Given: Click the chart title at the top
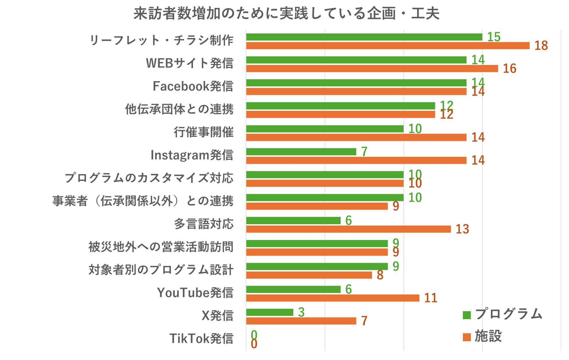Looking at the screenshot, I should tap(286, 14).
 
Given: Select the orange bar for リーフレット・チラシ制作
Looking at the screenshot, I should tap(388, 46).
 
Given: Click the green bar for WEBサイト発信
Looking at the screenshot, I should tap(356, 60).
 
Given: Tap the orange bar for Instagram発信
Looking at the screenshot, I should tap(356, 160).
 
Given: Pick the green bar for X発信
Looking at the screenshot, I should tap(270, 312).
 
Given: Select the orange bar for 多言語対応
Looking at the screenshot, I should tap(348, 229).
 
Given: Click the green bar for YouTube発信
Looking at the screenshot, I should tap(293, 289).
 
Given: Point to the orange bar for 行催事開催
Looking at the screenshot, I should tap(356, 137).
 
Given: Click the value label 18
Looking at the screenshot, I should tap(541, 46).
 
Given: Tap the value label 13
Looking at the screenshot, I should tap(462, 229).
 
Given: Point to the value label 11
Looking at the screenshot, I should tap(431, 298).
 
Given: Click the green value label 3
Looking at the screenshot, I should tap(301, 312).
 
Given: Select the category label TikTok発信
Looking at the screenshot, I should tap(201, 338).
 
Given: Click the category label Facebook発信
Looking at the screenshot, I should tap(193, 86).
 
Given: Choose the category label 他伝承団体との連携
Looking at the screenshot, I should tap(179, 109).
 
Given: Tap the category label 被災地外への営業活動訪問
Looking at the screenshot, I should tap(161, 247).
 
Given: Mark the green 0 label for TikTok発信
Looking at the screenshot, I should tap(254, 335).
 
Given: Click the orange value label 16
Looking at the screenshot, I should tap(509, 68).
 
